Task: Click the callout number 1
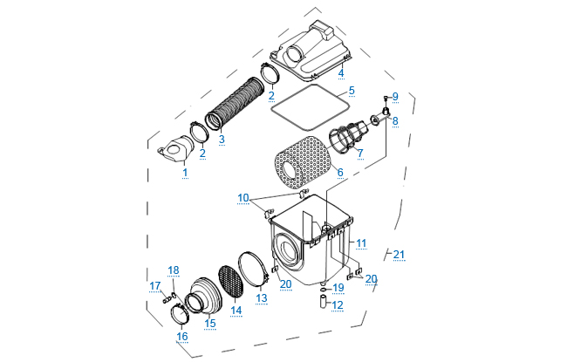coord(185,173)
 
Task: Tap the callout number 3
coord(222,140)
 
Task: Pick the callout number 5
coord(351,90)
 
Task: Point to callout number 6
coord(339,173)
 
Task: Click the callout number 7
coord(359,153)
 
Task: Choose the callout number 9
coord(394,96)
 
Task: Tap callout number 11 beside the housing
coord(361,242)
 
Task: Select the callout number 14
coord(236,310)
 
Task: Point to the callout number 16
coord(182,336)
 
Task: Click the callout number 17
coord(154,286)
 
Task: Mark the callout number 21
coord(399,255)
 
